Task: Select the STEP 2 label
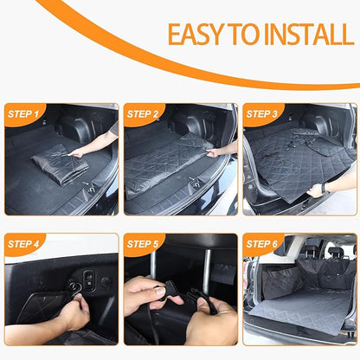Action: point(143,113)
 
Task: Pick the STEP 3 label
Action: point(262,113)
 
